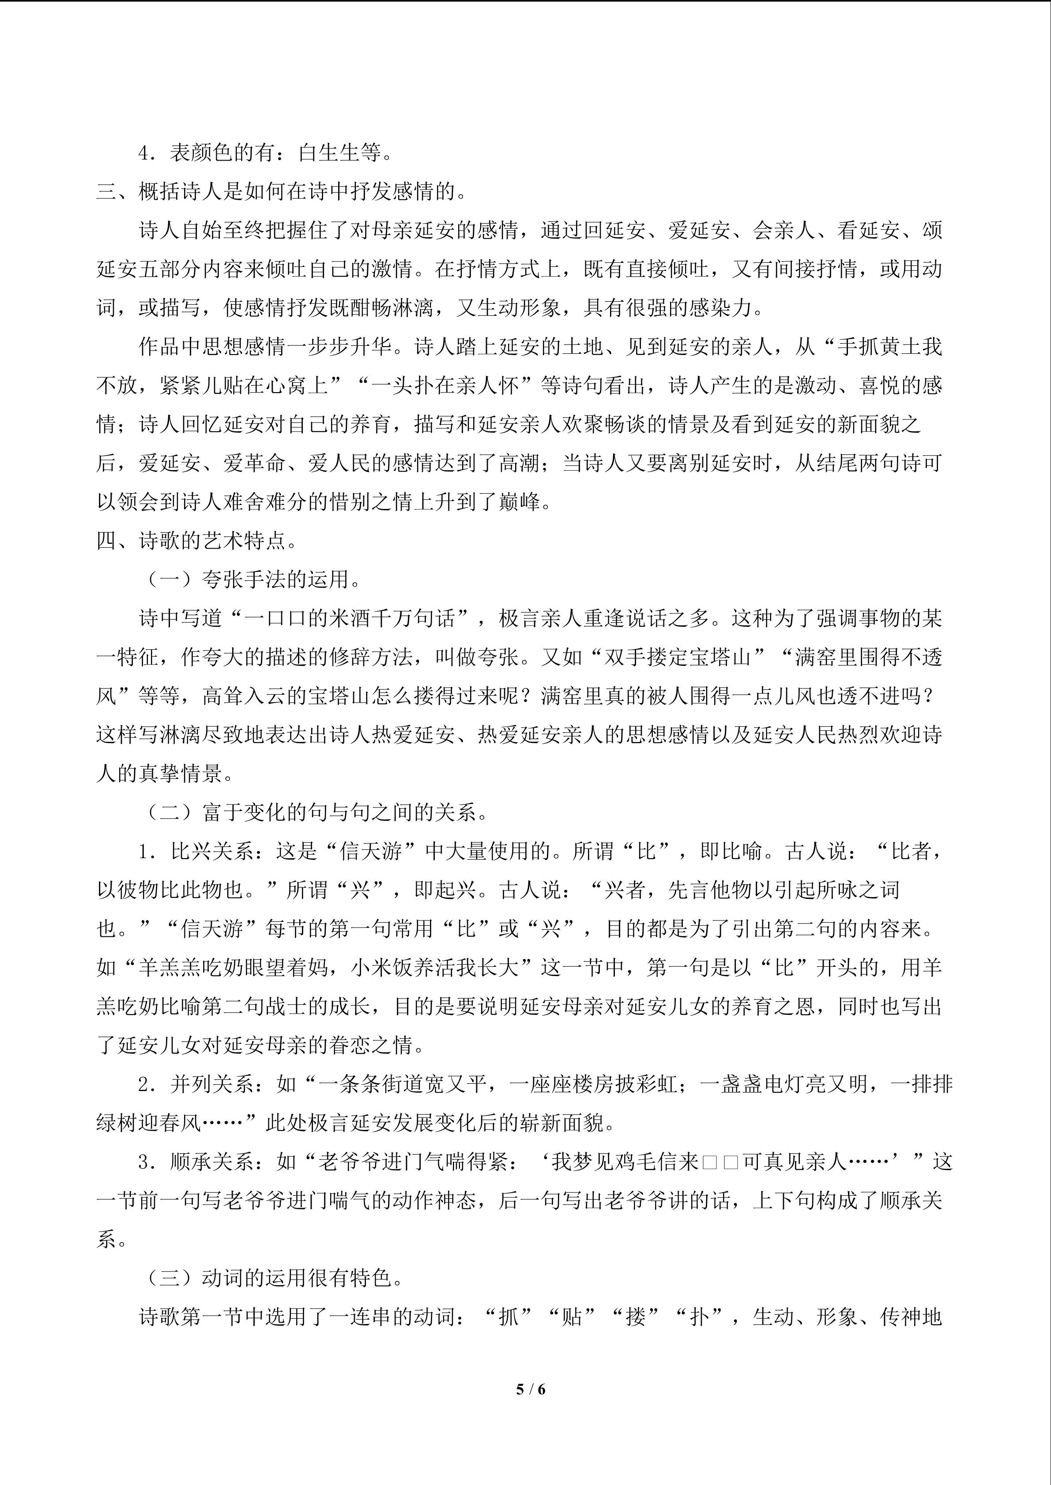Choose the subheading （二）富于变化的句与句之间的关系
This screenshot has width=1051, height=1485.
point(314,812)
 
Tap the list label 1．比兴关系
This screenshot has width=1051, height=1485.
point(202,851)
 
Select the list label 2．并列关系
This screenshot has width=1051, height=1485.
point(202,1084)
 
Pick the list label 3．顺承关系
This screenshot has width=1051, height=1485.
point(202,1162)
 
